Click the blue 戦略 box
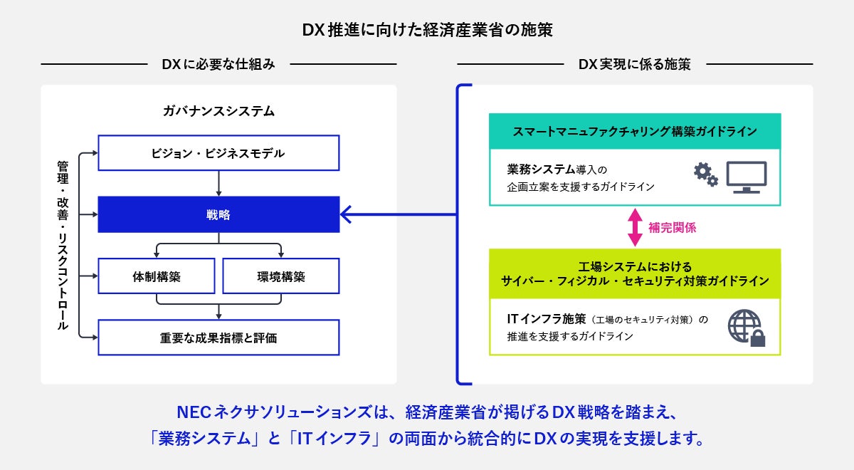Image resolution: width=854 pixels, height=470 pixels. click(218, 214)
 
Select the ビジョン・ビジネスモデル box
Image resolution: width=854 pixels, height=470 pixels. click(218, 153)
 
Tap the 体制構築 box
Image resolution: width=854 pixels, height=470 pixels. click(156, 276)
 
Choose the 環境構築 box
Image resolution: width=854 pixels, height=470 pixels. click(280, 276)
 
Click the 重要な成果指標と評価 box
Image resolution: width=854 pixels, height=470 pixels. click(218, 338)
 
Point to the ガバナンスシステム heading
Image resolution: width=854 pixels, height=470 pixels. click(218, 111)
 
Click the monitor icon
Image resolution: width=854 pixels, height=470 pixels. click(746, 177)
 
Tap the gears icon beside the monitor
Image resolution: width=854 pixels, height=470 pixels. click(705, 174)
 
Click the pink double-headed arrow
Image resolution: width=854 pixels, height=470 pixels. click(634, 227)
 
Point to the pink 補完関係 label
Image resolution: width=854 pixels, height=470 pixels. click(672, 228)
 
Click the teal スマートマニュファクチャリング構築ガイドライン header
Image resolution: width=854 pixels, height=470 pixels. click(635, 131)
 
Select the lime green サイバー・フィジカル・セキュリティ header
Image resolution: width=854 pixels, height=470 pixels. click(635, 273)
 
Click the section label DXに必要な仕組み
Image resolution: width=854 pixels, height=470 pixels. click(218, 64)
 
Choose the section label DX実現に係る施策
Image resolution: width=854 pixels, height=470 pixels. click(634, 64)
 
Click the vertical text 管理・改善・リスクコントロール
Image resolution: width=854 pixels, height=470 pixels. click(63, 245)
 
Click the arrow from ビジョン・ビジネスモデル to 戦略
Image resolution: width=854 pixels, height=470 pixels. click(218, 183)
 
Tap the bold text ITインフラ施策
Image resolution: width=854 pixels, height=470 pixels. click(547, 318)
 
